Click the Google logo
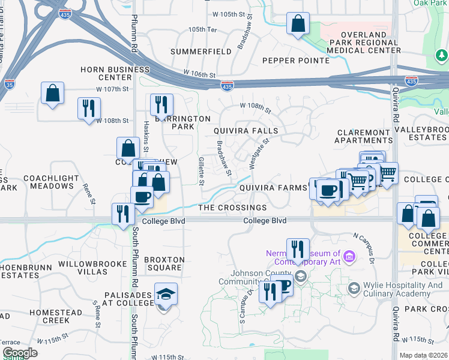click(20, 353)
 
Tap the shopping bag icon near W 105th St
click(298, 25)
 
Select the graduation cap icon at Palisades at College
click(166, 295)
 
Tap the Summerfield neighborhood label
click(200, 52)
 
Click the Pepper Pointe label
click(296, 61)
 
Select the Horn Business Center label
click(115, 73)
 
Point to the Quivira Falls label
click(246, 131)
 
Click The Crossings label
click(232, 208)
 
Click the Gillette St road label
click(202, 170)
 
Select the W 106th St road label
click(199, 74)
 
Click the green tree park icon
click(441, 56)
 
